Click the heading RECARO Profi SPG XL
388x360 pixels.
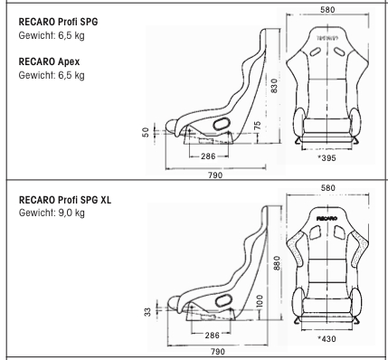[65, 200]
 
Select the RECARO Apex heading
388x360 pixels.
[49, 62]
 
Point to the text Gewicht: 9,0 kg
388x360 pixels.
[52, 213]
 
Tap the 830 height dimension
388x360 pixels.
[274, 86]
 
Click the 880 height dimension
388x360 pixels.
[278, 263]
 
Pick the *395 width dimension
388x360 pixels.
[326, 158]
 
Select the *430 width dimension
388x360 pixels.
[326, 339]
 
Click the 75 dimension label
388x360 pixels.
[257, 126]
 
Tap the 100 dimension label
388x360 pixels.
[260, 301]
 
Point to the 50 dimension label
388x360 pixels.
[146, 132]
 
